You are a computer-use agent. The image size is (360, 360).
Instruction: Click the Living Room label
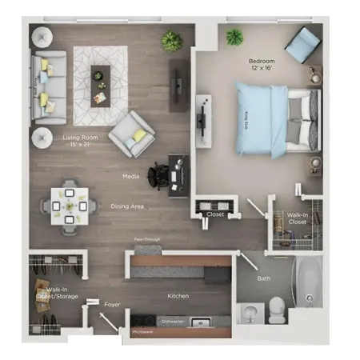[80, 141]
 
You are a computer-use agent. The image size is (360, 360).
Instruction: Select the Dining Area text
[127, 206]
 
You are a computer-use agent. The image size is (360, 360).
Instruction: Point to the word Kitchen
[178, 296]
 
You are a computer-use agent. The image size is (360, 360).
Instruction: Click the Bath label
[263, 279]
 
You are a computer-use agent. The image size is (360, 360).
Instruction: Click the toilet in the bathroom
[276, 309]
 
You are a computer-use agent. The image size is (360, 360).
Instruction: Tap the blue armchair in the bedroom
[302, 44]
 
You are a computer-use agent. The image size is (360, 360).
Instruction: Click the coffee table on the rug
[100, 84]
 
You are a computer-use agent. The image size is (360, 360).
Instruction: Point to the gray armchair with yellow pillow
[132, 132]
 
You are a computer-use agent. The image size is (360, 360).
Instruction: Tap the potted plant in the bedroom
[234, 37]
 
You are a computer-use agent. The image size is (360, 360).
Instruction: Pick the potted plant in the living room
[172, 41]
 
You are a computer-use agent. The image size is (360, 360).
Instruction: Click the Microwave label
[142, 330]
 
